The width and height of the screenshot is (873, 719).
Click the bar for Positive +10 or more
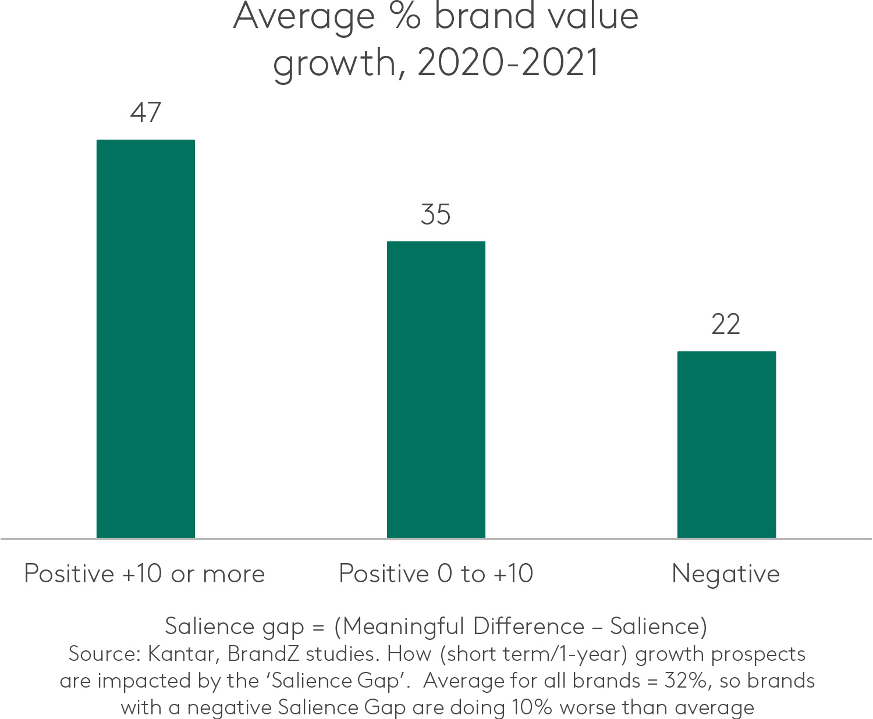pyautogui.click(x=145, y=339)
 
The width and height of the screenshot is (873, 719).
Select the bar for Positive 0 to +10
pyautogui.click(x=436, y=389)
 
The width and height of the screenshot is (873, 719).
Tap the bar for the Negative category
pyautogui.click(x=726, y=444)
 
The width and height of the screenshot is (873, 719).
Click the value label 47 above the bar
pyautogui.click(x=145, y=113)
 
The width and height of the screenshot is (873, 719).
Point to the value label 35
pyautogui.click(x=436, y=215)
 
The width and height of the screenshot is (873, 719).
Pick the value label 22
pyautogui.click(x=726, y=325)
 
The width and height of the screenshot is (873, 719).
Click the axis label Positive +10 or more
pyautogui.click(x=144, y=574)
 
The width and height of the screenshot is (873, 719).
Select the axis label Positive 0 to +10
pyautogui.click(x=436, y=574)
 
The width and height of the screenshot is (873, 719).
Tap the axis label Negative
pyautogui.click(x=726, y=575)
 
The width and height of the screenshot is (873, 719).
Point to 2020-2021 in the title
pyautogui.click(x=508, y=63)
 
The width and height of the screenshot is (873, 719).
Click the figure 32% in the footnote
pyautogui.click(x=687, y=681)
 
